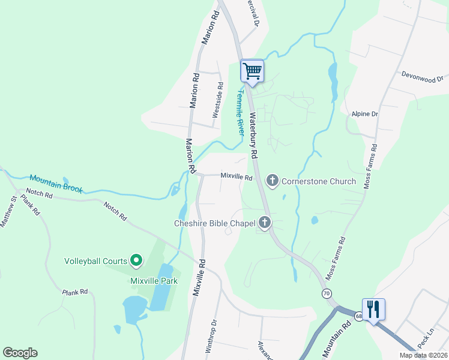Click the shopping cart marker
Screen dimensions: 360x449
(252, 71)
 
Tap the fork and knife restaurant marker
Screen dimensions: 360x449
(373, 310)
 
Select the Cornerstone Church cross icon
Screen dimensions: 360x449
(273, 180)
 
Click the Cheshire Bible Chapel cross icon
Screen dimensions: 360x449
(264, 223)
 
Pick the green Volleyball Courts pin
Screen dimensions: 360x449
(136, 260)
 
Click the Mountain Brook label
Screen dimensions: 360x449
(55, 182)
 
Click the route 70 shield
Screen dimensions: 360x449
(326, 293)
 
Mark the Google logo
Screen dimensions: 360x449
(20, 353)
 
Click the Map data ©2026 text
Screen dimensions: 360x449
(423, 355)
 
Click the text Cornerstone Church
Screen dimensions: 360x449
(319, 181)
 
